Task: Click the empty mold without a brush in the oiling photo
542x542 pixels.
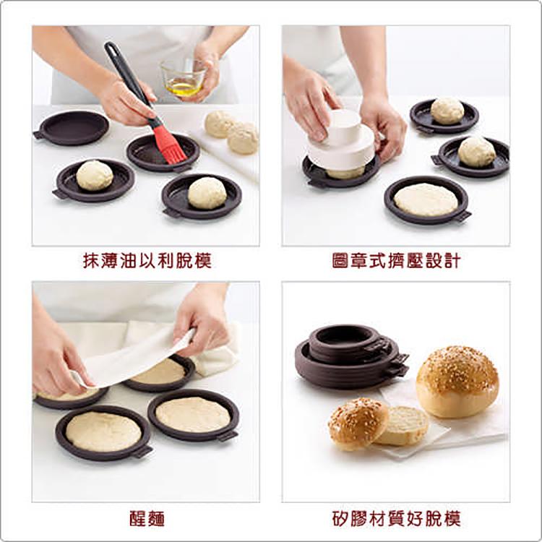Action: click(72, 128)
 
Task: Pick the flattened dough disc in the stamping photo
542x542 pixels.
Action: click(426, 199)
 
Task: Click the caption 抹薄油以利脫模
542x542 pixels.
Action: click(147, 261)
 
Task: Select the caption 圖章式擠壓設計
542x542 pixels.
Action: click(396, 261)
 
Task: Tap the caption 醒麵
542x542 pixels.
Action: click(147, 518)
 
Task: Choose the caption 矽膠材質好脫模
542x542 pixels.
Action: click(396, 518)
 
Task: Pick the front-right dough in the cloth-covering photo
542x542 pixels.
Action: click(193, 414)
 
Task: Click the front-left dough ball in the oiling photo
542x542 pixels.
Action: click(95, 176)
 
